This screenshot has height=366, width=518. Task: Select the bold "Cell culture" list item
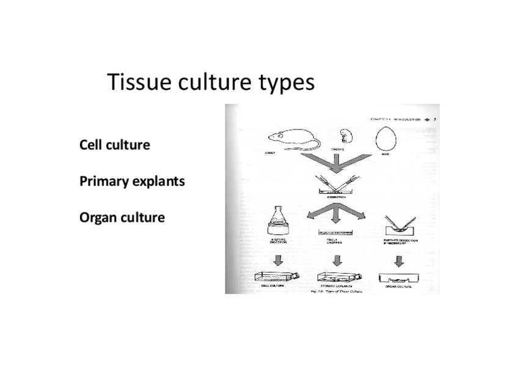pos(114,145)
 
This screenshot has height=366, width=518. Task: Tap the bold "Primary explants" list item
pos(132,181)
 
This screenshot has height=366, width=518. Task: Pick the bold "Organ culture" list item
pos(122,218)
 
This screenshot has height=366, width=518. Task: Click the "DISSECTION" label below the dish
pos(336,197)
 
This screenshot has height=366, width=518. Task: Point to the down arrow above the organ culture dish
pos(399,261)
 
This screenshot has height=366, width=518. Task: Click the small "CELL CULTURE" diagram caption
pos(272,285)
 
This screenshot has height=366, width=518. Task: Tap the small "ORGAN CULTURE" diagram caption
pos(398,286)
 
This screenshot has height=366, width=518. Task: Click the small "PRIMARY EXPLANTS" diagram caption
pos(335,286)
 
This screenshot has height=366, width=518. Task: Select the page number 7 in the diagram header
pos(435,120)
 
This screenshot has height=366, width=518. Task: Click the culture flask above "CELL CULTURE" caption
pos(277,276)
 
